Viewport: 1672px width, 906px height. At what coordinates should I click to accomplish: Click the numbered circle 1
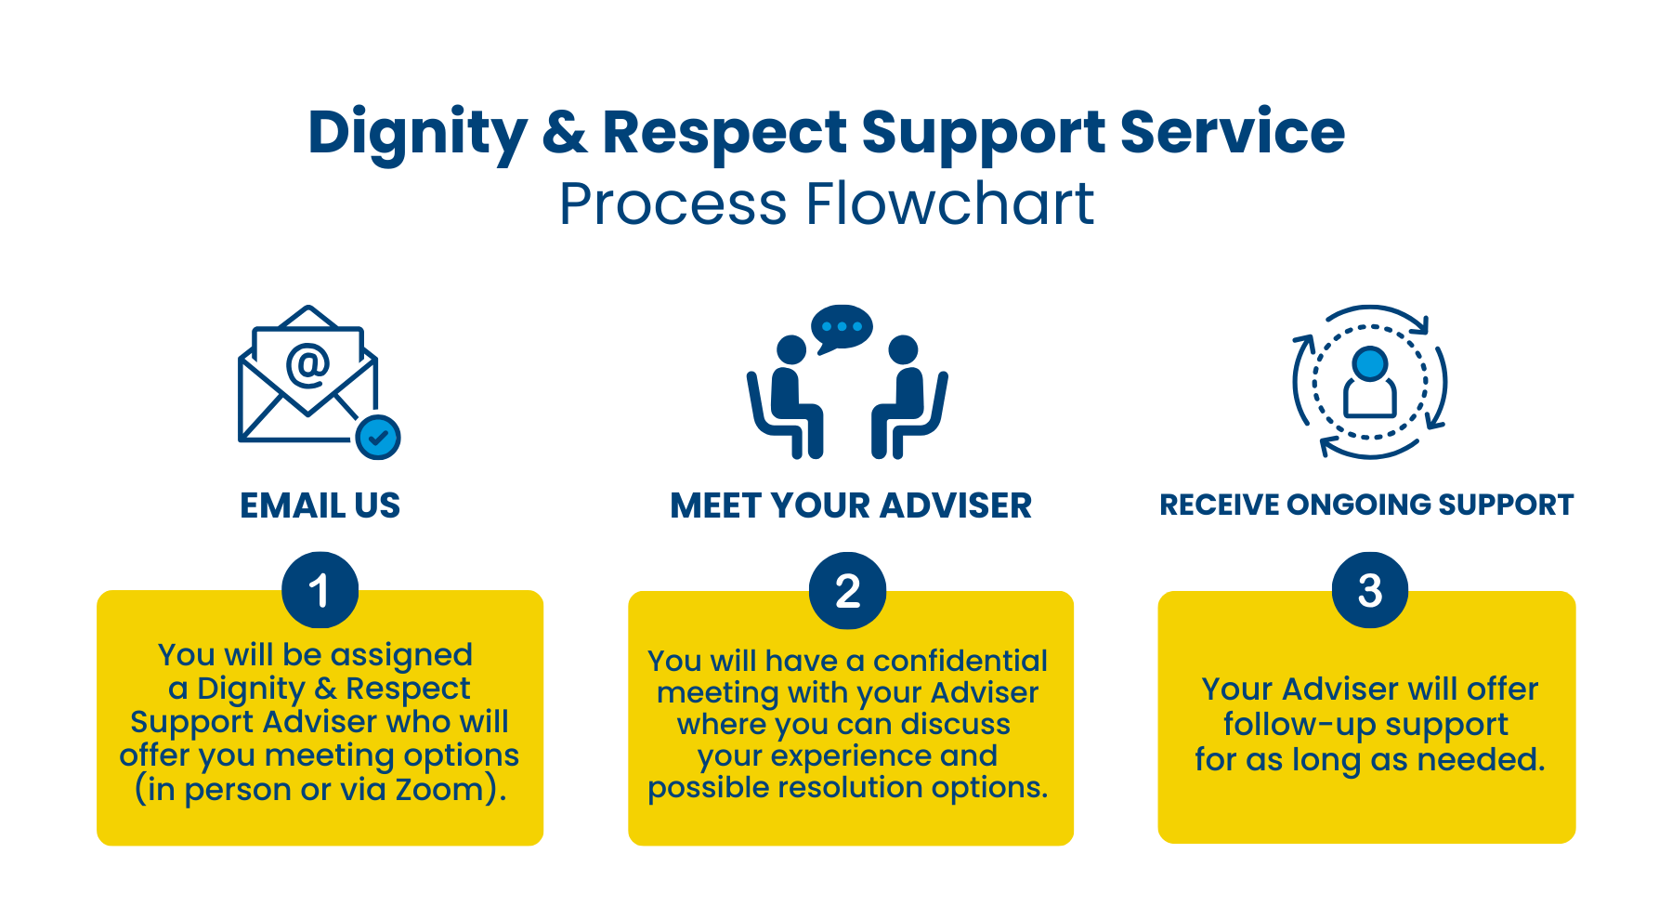pos(320,590)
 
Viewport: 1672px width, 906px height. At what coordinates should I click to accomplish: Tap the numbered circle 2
pos(847,591)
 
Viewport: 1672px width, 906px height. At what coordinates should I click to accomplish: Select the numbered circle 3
pos(1369,590)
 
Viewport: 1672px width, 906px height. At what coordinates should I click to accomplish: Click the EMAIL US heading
pos(320,506)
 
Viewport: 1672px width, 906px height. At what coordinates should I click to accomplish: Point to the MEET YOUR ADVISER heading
pos(850,506)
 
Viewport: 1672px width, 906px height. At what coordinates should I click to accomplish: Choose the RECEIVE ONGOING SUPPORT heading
pos(1366,505)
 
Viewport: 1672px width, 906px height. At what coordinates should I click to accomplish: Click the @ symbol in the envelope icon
pos(307,363)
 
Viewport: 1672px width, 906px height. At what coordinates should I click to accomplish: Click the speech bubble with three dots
pos(842,327)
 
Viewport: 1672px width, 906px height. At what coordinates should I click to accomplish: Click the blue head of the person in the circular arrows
pos(1370,363)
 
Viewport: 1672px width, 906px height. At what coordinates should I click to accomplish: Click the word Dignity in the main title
pos(417,132)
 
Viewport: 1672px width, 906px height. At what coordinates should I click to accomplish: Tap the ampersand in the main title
pos(564,132)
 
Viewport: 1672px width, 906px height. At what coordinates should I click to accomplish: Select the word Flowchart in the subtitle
pos(949,204)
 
